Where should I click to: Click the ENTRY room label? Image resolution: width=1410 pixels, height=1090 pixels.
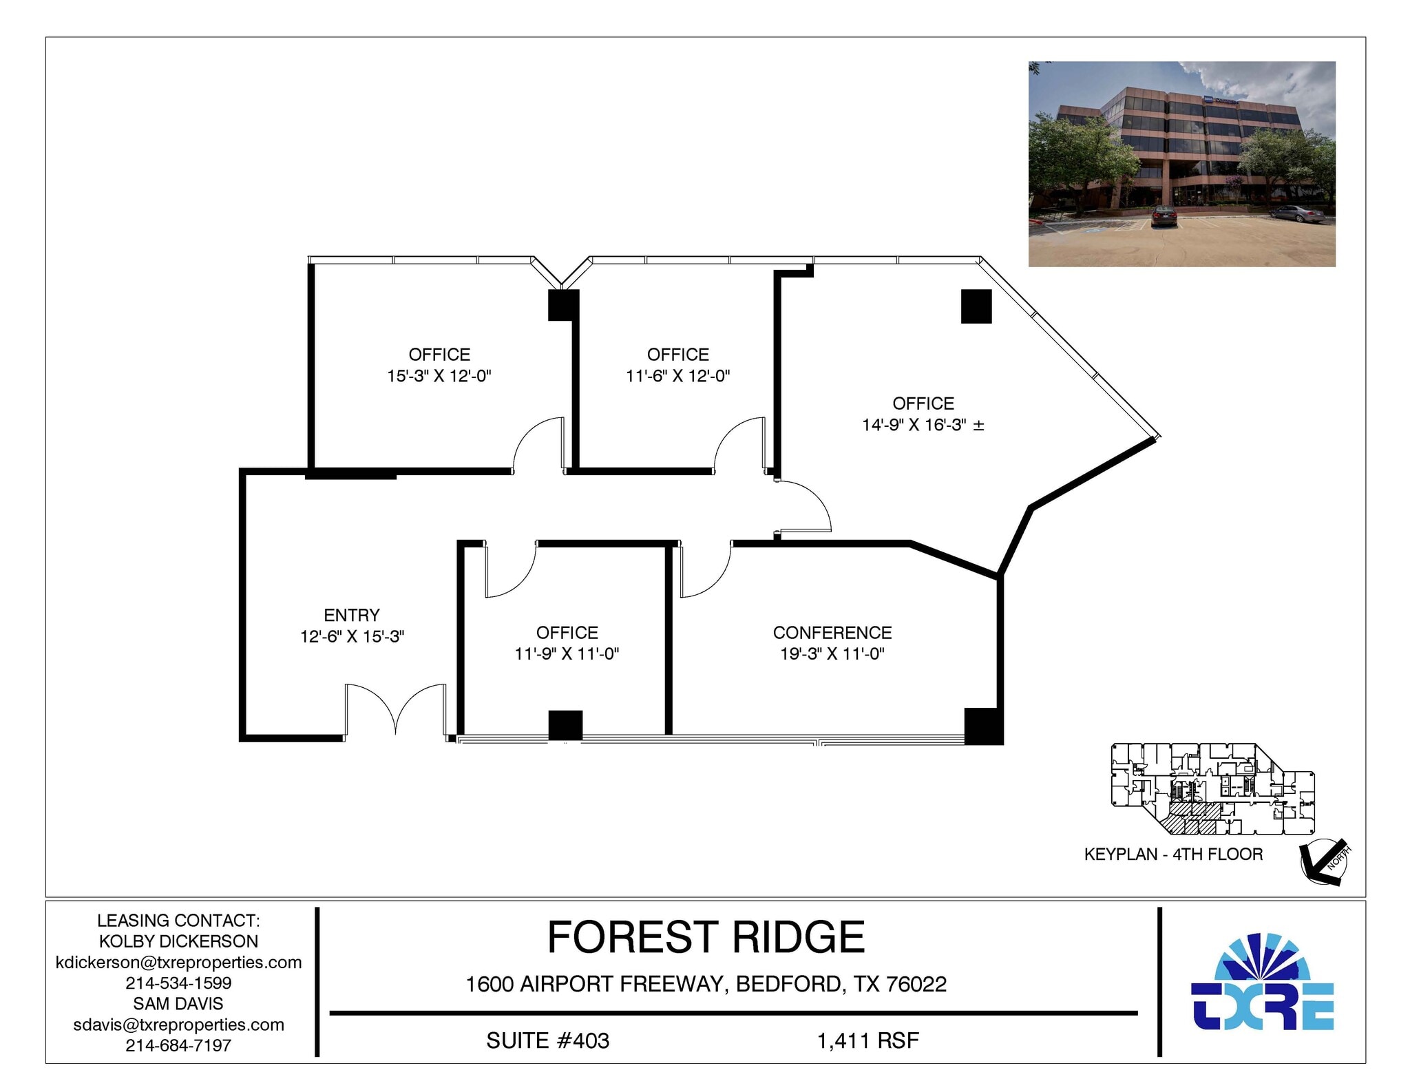click(351, 615)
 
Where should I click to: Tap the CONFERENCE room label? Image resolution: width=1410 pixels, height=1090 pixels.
click(832, 632)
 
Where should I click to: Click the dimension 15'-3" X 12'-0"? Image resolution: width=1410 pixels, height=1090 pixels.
click(439, 376)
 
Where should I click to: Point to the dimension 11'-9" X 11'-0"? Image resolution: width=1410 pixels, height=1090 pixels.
click(567, 653)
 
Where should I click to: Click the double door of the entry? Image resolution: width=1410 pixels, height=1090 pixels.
click(395, 709)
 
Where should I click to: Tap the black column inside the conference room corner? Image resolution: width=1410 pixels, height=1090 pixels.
click(982, 726)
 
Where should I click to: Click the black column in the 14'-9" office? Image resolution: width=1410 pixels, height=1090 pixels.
click(976, 306)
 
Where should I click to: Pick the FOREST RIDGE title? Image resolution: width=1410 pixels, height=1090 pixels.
click(705, 937)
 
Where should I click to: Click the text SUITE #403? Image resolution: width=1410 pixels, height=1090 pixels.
click(547, 1040)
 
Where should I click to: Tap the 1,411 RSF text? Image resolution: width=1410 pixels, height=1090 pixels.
click(867, 1040)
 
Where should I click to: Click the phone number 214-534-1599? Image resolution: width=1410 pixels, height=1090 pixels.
click(178, 983)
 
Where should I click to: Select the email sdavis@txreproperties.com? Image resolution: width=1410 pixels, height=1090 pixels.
click(178, 1025)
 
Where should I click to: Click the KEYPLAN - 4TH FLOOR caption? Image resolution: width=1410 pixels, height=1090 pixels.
click(1172, 855)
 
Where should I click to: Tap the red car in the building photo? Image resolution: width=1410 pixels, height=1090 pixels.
click(1163, 217)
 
